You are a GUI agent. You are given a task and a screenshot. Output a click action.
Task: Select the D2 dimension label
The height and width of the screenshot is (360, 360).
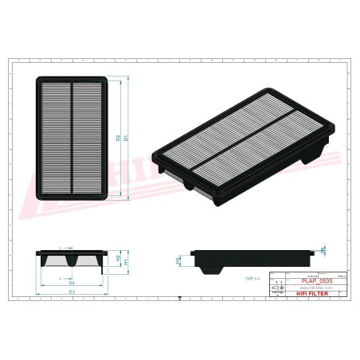(x=119, y=139)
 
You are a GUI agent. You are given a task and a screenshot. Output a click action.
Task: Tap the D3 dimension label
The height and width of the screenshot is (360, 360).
(x=72, y=292)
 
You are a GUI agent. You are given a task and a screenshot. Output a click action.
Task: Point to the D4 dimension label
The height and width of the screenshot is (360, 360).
(x=72, y=283)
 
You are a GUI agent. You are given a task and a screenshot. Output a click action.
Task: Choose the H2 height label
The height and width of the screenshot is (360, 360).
(x=118, y=259)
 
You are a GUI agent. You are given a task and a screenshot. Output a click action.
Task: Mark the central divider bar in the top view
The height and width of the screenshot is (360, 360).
(x=72, y=139)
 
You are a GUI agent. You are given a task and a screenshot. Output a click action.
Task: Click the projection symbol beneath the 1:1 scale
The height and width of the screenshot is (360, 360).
(x=277, y=288)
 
